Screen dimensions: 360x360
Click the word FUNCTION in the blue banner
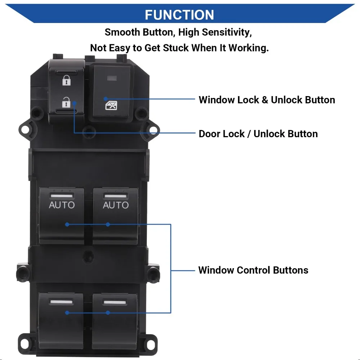179,15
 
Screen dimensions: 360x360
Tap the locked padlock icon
67,80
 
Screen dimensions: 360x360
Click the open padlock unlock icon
66,102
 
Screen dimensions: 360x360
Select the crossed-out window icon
111,105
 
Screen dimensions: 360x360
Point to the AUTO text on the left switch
62,205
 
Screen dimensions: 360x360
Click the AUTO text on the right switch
116,205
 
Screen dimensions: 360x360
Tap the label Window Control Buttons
253,270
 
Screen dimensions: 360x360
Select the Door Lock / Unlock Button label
258,134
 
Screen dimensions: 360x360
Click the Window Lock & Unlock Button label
267,100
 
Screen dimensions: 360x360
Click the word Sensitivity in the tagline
227,32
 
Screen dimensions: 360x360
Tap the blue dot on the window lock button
105,99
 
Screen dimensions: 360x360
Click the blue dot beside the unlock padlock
74,103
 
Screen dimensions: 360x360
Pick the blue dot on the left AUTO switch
67,224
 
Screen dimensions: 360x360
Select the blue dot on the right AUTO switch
108,224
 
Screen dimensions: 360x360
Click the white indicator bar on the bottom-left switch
61,302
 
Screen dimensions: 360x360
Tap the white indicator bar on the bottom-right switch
115,302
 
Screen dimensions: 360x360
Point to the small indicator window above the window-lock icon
112,78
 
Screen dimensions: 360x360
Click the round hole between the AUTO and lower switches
89,256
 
